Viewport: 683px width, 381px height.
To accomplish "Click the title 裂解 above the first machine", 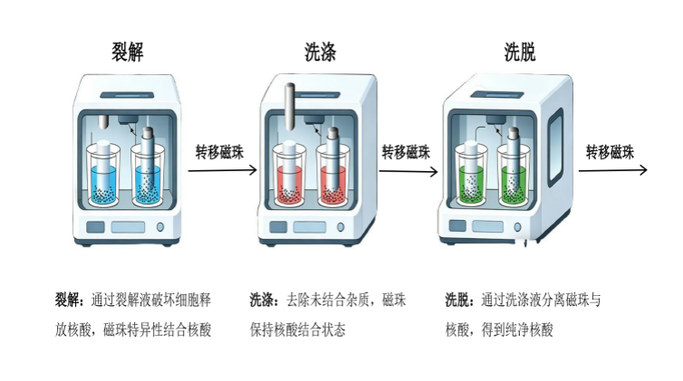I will tap(123, 52).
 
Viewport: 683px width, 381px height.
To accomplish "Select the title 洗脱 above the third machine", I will tap(519, 52).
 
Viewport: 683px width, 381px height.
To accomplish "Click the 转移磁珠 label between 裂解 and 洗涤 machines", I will tap(219, 151).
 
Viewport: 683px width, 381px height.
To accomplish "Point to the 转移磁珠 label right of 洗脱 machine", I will tap(609, 151).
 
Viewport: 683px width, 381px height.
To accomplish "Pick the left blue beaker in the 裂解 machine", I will tap(108, 172).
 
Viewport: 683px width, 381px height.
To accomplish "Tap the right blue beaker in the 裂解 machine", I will tap(150, 172).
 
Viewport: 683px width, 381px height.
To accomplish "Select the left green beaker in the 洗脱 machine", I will tap(475, 176).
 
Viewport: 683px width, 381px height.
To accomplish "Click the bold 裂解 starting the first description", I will tap(68, 300).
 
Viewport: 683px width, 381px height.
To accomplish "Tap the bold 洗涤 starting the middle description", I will tap(263, 300).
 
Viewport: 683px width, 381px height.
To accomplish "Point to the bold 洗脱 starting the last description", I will tap(458, 300).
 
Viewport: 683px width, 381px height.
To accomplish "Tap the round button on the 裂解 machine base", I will tap(160, 226).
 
